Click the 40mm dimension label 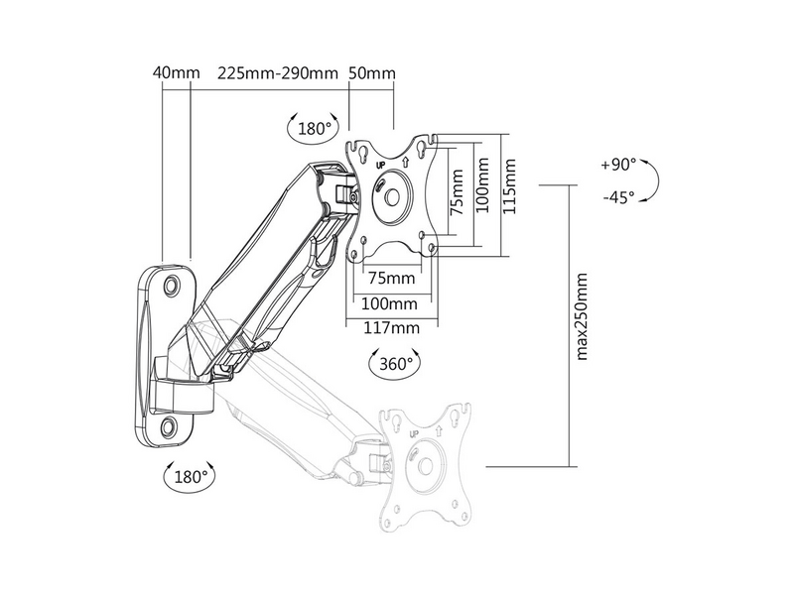(x=177, y=73)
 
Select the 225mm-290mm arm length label (x=277, y=73)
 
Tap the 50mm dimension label (x=372, y=73)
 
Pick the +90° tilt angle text (x=619, y=165)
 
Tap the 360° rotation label (x=395, y=364)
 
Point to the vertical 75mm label (x=457, y=190)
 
